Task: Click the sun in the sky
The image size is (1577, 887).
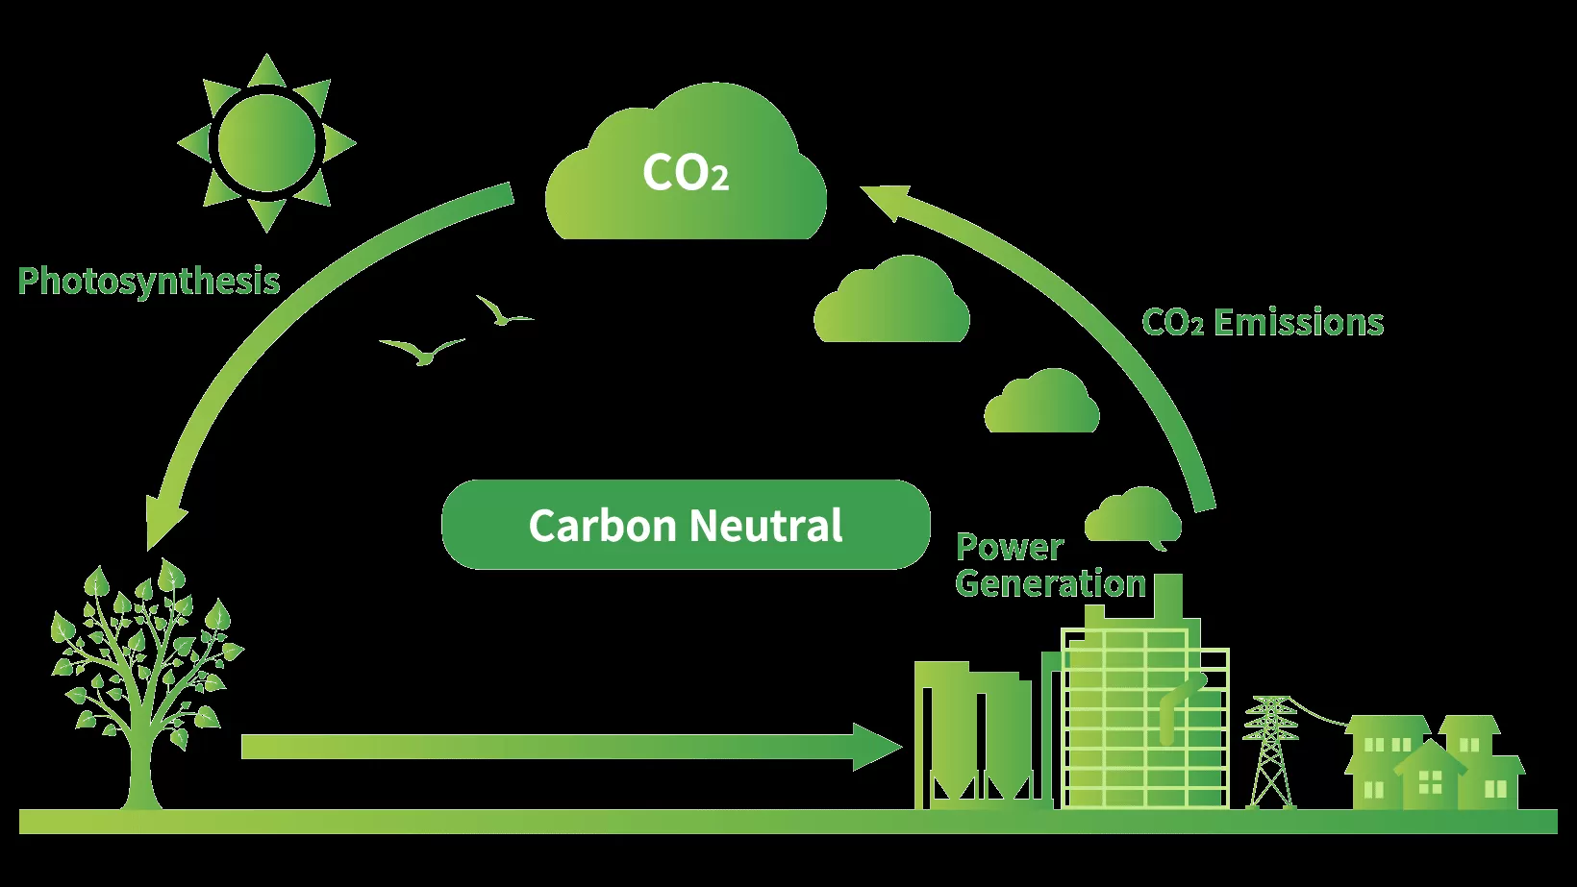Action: (x=266, y=142)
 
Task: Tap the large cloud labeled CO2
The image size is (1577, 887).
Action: (x=686, y=173)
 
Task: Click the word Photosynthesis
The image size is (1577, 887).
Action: (x=149, y=282)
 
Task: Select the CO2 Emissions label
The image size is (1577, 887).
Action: (x=1262, y=323)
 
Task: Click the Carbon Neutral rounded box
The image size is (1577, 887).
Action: (x=686, y=525)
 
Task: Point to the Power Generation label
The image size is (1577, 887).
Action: (x=1050, y=565)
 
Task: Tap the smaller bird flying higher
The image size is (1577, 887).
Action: (x=501, y=312)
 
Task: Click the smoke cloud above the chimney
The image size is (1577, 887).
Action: (x=1134, y=516)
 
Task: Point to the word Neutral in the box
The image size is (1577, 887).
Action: (x=765, y=526)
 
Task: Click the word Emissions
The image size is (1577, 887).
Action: (x=1298, y=323)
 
